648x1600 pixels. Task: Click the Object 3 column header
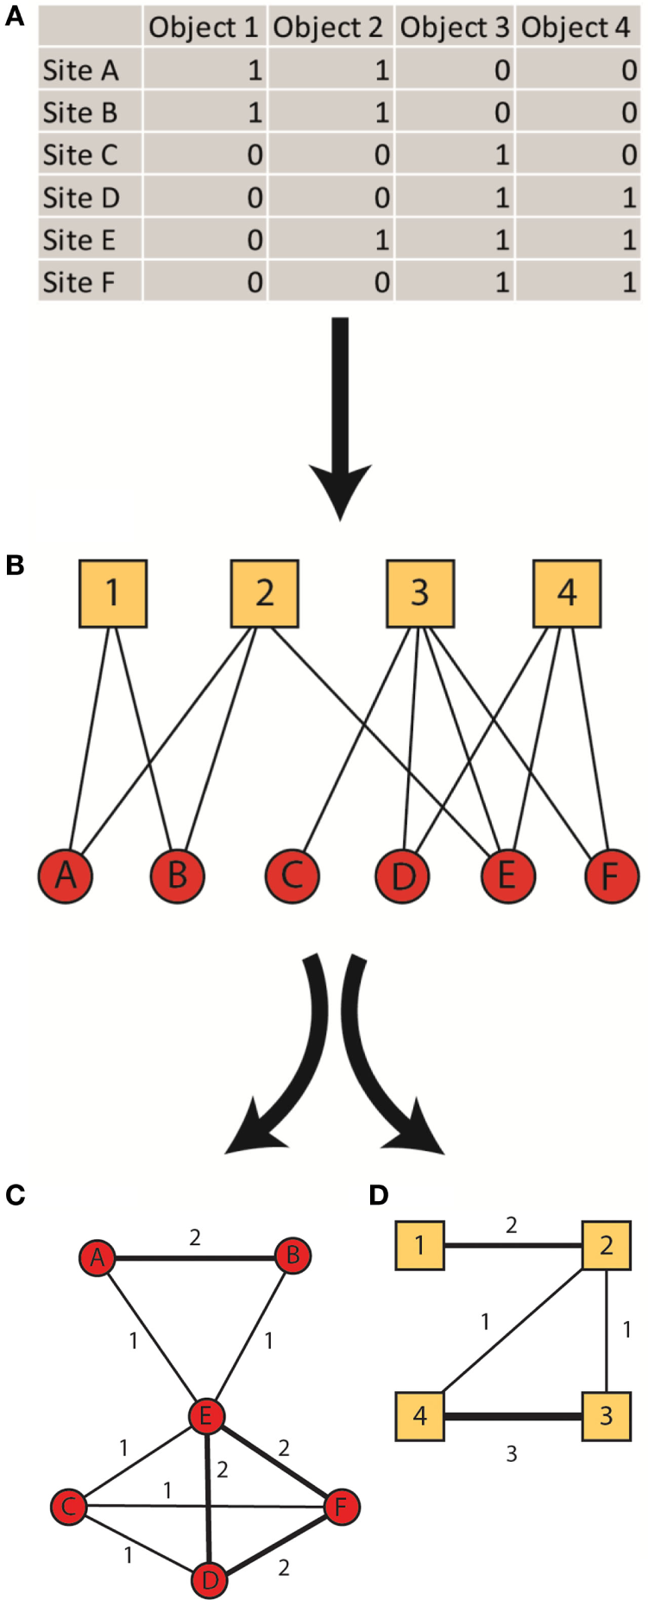click(455, 28)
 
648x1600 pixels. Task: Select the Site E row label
click(79, 240)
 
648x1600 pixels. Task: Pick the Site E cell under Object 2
click(331, 240)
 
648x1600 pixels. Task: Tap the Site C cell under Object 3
click(456, 155)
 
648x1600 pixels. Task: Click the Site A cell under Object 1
click(205, 71)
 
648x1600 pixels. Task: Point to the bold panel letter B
click(15, 566)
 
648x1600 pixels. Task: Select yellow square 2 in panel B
click(265, 593)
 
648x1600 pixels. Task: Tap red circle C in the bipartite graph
click(292, 876)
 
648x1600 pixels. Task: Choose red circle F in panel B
click(611, 876)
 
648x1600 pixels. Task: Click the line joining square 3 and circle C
click(355, 734)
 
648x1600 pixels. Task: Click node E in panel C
click(206, 1416)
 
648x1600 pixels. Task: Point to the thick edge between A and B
click(195, 1258)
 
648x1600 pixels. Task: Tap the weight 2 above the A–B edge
click(195, 1237)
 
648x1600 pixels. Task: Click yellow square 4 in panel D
click(420, 1416)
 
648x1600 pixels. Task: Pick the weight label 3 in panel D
click(512, 1454)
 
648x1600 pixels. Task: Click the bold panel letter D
click(378, 1195)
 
